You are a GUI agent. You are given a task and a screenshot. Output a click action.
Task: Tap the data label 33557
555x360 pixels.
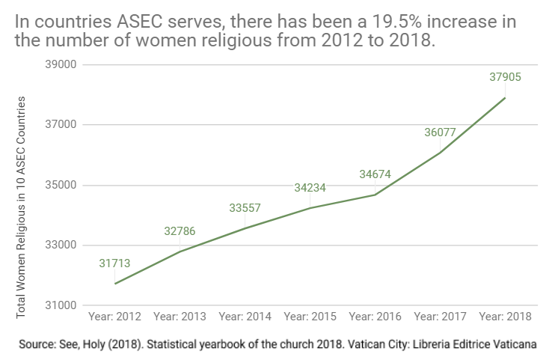coord(245,208)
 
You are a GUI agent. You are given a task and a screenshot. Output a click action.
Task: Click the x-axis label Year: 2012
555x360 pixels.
coord(114,317)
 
